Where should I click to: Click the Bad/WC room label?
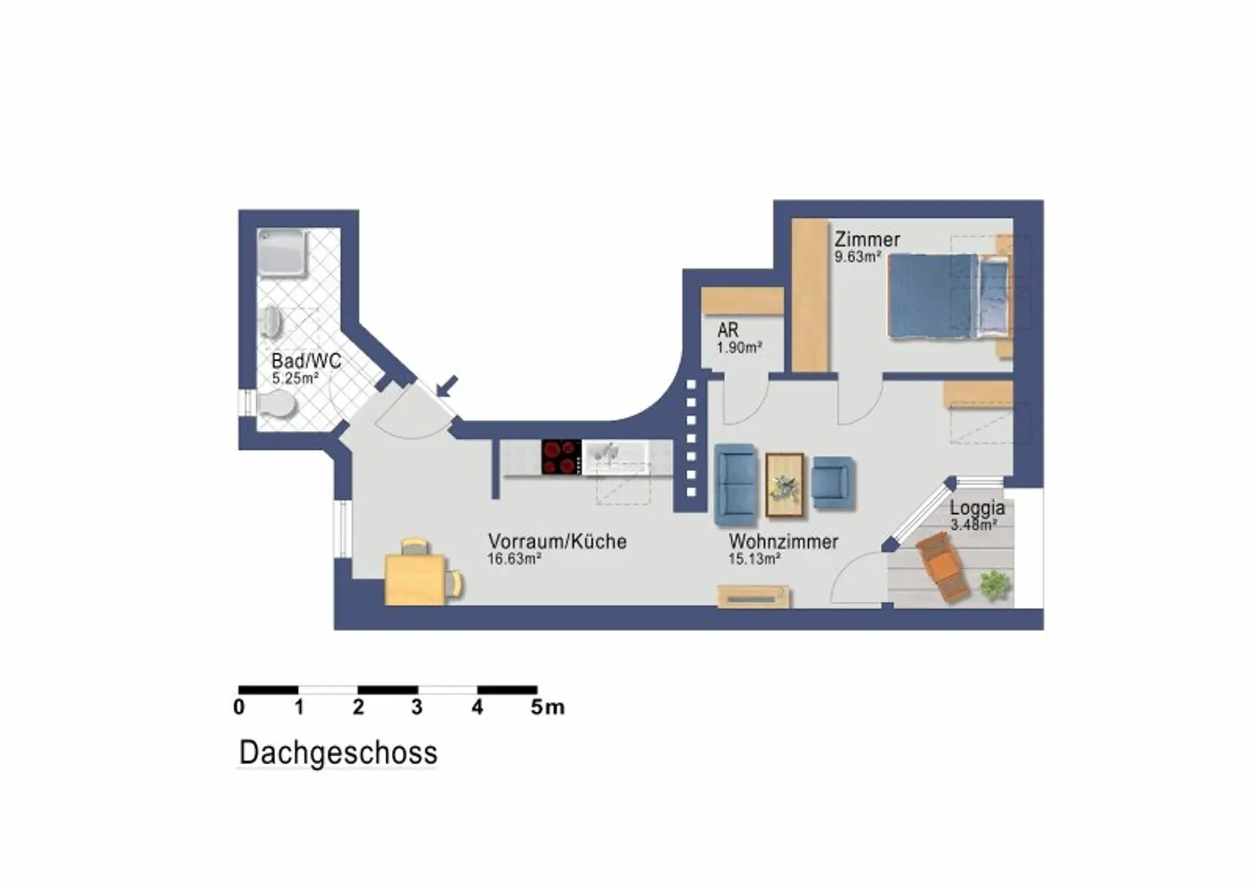(306, 361)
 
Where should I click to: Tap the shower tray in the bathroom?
(282, 253)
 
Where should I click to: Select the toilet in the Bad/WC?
(277, 404)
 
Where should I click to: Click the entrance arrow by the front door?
(447, 386)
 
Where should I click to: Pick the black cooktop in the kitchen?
(562, 457)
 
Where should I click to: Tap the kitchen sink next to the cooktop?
(616, 457)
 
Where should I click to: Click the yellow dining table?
(416, 579)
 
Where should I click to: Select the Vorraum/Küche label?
(557, 541)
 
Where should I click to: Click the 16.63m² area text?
(514, 559)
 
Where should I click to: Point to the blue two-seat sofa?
(736, 485)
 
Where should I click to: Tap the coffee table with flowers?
(785, 485)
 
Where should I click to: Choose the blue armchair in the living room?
(834, 483)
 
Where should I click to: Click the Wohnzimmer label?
(783, 541)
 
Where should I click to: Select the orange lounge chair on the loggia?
(943, 566)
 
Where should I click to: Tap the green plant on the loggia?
(996, 585)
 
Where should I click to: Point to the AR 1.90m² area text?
(740, 348)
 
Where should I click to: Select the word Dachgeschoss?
(338, 753)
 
